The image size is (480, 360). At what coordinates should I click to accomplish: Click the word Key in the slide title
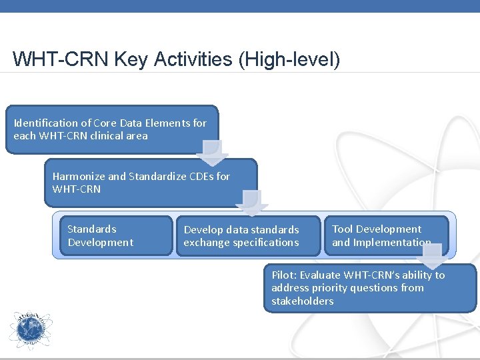click(131, 59)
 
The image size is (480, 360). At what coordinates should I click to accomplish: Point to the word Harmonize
click(79, 176)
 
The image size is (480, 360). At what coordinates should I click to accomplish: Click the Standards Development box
click(114, 235)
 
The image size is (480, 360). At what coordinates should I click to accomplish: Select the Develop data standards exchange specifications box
click(247, 236)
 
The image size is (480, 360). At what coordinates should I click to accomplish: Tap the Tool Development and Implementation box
click(385, 235)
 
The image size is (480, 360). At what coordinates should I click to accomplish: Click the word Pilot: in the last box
click(284, 275)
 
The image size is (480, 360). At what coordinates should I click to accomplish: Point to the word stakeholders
click(303, 301)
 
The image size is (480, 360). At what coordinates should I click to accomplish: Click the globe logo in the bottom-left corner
click(30, 331)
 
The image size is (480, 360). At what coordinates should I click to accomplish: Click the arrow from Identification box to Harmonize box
click(211, 152)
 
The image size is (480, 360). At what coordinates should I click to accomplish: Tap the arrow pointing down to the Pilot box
click(431, 255)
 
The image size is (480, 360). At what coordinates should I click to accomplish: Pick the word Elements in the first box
click(165, 123)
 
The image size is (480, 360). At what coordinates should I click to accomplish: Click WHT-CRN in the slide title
click(60, 59)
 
